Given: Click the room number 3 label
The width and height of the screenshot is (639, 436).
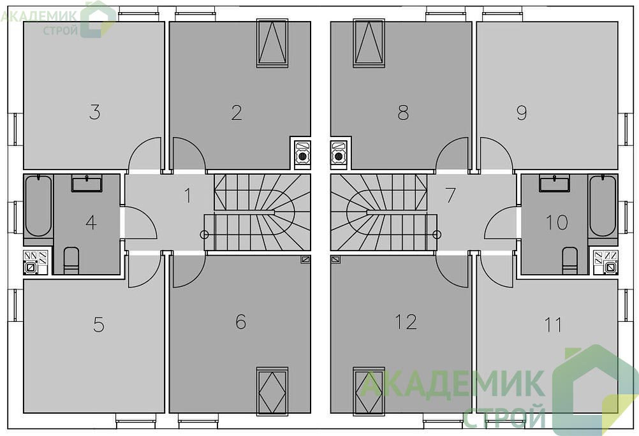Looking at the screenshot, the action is (x=94, y=112).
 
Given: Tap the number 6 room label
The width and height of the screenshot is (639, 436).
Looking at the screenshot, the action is (x=241, y=321).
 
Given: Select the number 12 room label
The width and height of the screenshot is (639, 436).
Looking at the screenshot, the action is (x=406, y=321).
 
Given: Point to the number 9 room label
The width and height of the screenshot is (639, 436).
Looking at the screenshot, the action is (x=522, y=113).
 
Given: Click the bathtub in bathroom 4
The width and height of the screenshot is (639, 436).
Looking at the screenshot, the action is (x=38, y=206).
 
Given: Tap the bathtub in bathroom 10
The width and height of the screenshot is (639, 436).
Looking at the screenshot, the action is (x=603, y=206).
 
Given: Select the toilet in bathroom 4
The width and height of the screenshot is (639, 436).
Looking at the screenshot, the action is (x=71, y=260).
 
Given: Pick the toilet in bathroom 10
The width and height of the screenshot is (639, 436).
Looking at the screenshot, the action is (x=569, y=260).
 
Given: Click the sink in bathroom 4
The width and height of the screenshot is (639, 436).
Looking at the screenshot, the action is (x=87, y=183).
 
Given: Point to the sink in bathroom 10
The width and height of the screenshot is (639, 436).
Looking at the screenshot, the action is (x=554, y=183).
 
